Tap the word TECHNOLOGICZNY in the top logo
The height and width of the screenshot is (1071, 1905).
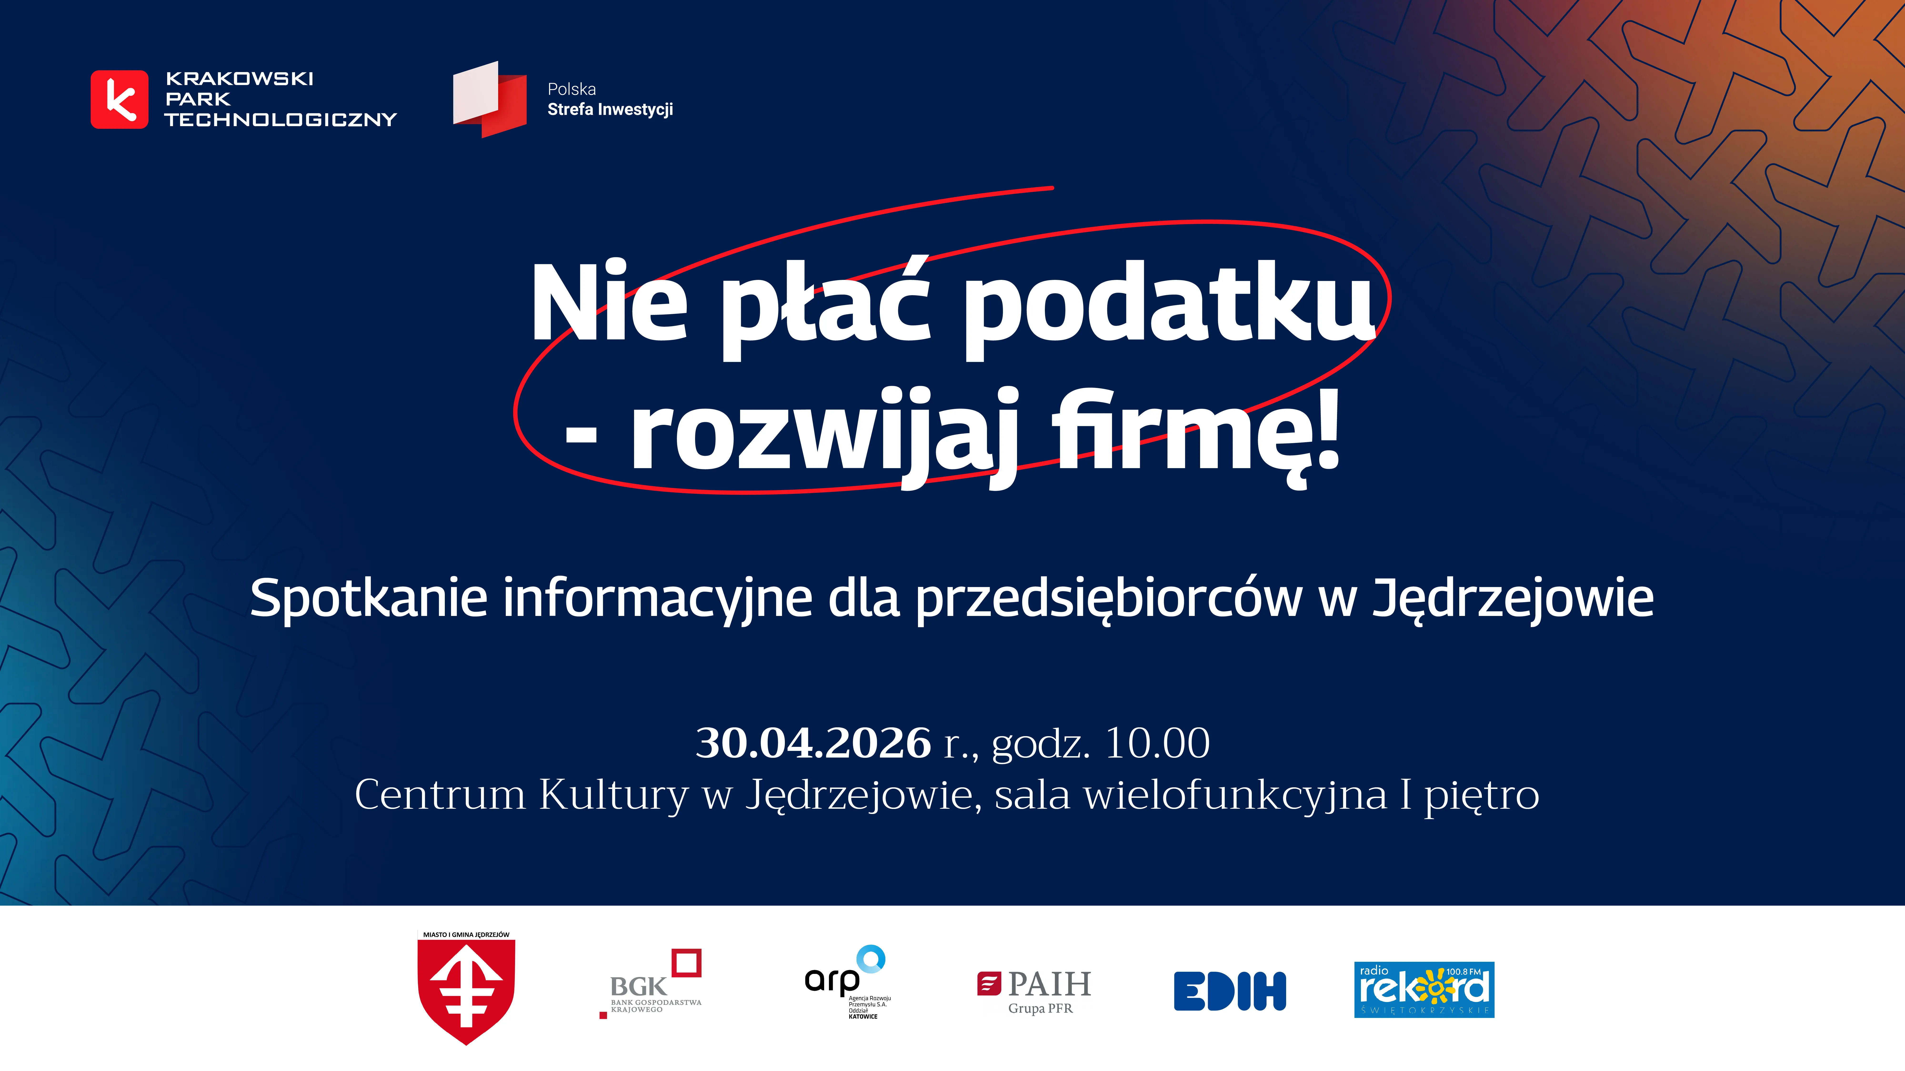pos(281,120)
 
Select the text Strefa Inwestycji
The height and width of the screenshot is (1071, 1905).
pos(610,109)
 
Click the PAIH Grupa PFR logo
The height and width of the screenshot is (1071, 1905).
pos(1035,990)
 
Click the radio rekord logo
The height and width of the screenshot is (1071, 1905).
pos(1424,989)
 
